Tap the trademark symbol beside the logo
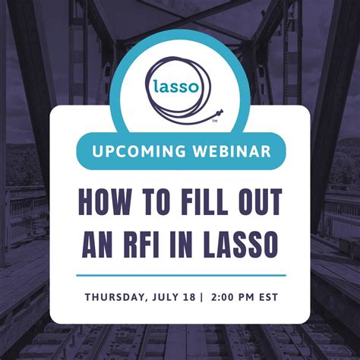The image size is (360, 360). pyautogui.click(x=215, y=120)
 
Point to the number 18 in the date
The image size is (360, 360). pyautogui.click(x=192, y=296)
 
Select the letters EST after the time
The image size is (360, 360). pyautogui.click(x=267, y=296)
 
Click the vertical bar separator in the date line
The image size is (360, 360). pyautogui.click(x=202, y=296)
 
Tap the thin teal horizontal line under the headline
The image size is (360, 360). pyautogui.click(x=181, y=275)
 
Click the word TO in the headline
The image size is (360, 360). pyautogui.click(x=150, y=204)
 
